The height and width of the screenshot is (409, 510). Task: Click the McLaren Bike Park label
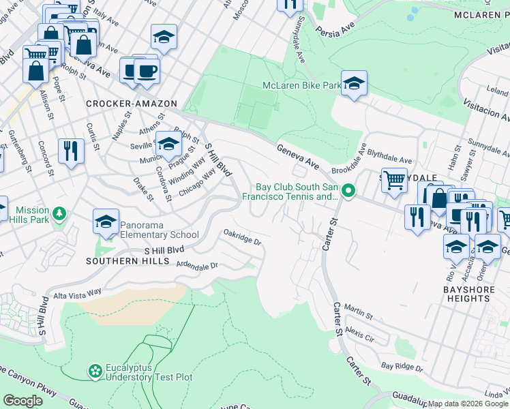pyautogui.click(x=301, y=86)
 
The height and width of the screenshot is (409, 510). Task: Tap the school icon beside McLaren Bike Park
pyautogui.click(x=354, y=85)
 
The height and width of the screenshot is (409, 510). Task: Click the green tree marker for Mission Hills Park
pyautogui.click(x=60, y=214)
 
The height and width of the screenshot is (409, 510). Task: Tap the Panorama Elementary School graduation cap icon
pyautogui.click(x=106, y=222)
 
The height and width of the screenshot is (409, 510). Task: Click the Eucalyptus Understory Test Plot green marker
pyautogui.click(x=95, y=371)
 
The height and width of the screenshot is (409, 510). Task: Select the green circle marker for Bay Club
pyautogui.click(x=348, y=191)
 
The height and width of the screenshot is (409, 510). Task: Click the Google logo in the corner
pyautogui.click(x=22, y=401)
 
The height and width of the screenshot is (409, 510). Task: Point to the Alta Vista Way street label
pyautogui.click(x=77, y=292)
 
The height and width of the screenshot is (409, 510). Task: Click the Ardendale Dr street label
pyautogui.click(x=196, y=265)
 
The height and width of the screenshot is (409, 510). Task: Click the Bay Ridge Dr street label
pyautogui.click(x=402, y=367)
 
